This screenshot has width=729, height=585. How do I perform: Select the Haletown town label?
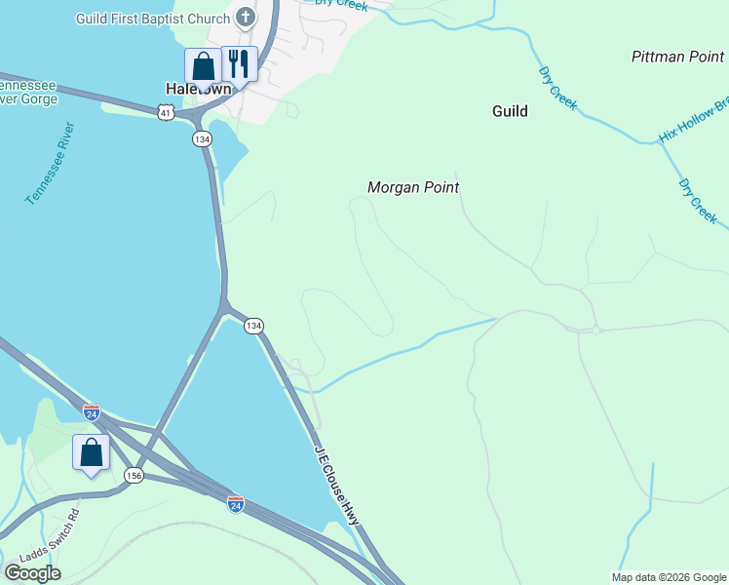[198, 88]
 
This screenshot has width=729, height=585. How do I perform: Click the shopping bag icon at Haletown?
[204, 65]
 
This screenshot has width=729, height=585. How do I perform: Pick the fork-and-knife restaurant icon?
[239, 63]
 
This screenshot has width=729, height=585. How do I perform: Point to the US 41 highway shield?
[168, 114]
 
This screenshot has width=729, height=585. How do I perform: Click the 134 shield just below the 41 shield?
[202, 138]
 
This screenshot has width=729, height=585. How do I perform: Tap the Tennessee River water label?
[51, 163]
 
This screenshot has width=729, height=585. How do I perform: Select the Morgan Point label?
[413, 187]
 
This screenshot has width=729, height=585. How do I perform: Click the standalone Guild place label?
[509, 111]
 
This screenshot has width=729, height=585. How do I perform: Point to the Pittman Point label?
[677, 57]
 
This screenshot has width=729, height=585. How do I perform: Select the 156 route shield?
[134, 475]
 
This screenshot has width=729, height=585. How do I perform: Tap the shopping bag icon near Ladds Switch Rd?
[91, 452]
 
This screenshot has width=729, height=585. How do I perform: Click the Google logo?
[32, 572]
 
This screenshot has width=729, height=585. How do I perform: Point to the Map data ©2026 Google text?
[668, 577]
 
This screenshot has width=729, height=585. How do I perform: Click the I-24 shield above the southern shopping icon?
[92, 412]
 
